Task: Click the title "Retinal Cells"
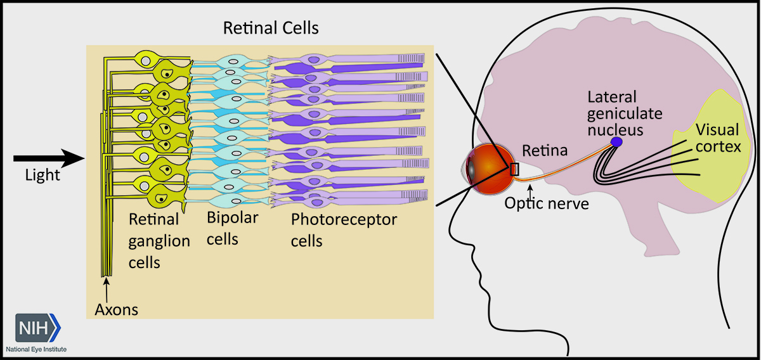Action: (x=270, y=29)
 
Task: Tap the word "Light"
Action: (x=42, y=176)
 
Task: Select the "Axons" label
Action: (x=117, y=310)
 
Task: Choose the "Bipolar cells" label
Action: (x=232, y=228)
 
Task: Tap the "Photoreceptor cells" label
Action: (x=344, y=230)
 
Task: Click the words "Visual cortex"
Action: (x=717, y=139)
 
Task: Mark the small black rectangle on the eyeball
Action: (x=514, y=169)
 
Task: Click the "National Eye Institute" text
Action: (x=36, y=349)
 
